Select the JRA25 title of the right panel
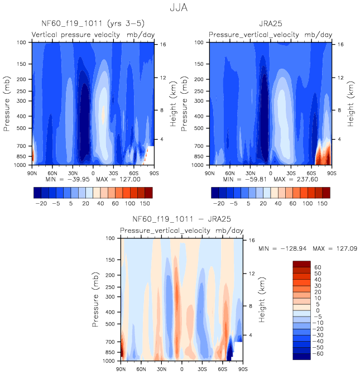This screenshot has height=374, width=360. (x=270, y=24)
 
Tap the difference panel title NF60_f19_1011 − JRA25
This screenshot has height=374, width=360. (x=182, y=219)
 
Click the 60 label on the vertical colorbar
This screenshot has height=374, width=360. (x=318, y=267)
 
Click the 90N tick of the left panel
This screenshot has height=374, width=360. (x=32, y=173)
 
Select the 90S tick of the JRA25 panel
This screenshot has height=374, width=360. (x=332, y=173)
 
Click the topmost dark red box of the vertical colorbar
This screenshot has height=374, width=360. (x=301, y=264)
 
